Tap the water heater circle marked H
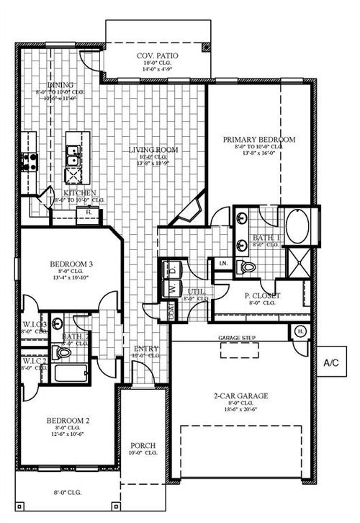click(300, 331)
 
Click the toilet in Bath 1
click(249, 268)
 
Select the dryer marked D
click(172, 270)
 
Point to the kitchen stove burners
click(30, 161)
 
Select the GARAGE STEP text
click(239, 336)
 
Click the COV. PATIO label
click(158, 55)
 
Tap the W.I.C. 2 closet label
click(34, 360)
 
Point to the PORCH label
click(143, 445)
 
